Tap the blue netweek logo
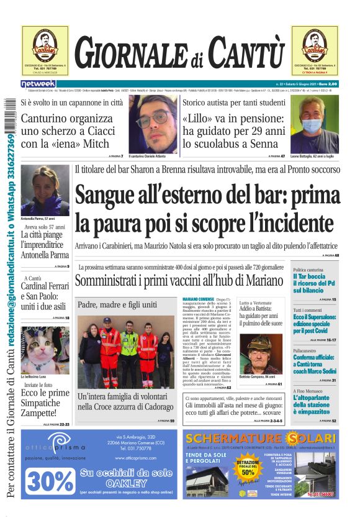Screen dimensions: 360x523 coord(38,84)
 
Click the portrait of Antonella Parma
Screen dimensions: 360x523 coord(45,189)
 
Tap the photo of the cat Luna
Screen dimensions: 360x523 coord(44,341)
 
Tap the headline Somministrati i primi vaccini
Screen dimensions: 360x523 coord(179,280)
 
